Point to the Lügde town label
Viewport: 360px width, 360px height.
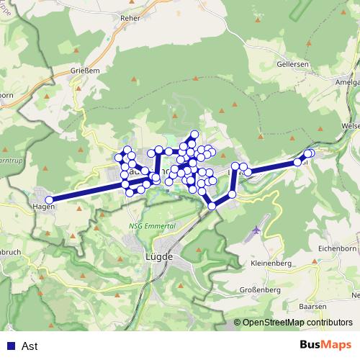(x=159, y=256)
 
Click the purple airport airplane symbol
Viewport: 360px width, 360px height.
(x=257, y=230)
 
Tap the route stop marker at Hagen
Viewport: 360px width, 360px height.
(x=49, y=200)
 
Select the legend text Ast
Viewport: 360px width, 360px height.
(x=30, y=346)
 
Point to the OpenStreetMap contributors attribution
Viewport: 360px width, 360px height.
(x=297, y=323)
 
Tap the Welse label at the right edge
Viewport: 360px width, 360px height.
(x=351, y=125)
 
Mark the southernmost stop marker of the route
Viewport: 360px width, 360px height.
(x=212, y=206)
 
